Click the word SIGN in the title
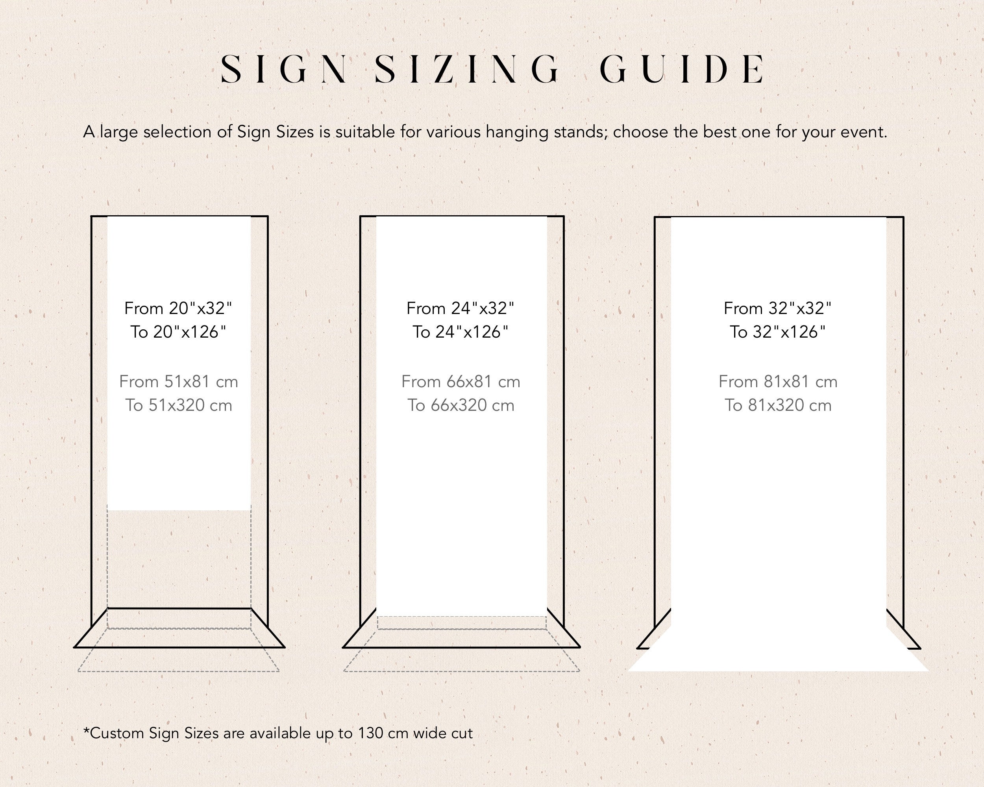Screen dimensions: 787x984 click(x=283, y=69)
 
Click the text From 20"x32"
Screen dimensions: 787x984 click(x=178, y=309)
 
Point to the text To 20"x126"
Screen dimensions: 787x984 click(x=178, y=332)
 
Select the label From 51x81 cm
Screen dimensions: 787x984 click(x=178, y=381)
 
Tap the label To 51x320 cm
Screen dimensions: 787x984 click(x=178, y=405)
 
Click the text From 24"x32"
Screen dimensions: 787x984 click(x=460, y=309)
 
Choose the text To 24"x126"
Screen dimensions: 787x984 click(x=460, y=332)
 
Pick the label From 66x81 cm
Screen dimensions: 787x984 click(x=461, y=381)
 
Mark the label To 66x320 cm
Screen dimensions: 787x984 click(x=461, y=405)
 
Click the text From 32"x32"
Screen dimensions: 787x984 click(x=777, y=309)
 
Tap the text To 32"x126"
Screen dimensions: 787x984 click(x=777, y=332)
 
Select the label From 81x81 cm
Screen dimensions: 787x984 click(x=778, y=381)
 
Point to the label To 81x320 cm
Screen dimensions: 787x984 click(x=778, y=405)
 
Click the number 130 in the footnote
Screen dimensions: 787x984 click(x=371, y=733)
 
